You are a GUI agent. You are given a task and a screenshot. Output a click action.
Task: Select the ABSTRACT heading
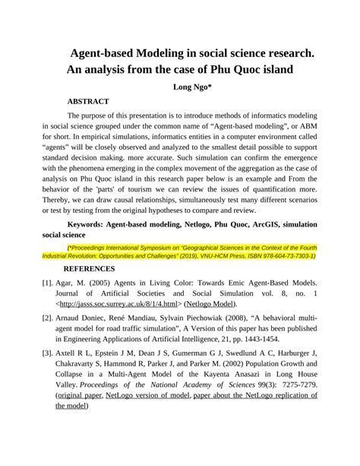(88, 101)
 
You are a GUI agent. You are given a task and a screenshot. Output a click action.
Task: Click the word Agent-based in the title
(109, 55)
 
